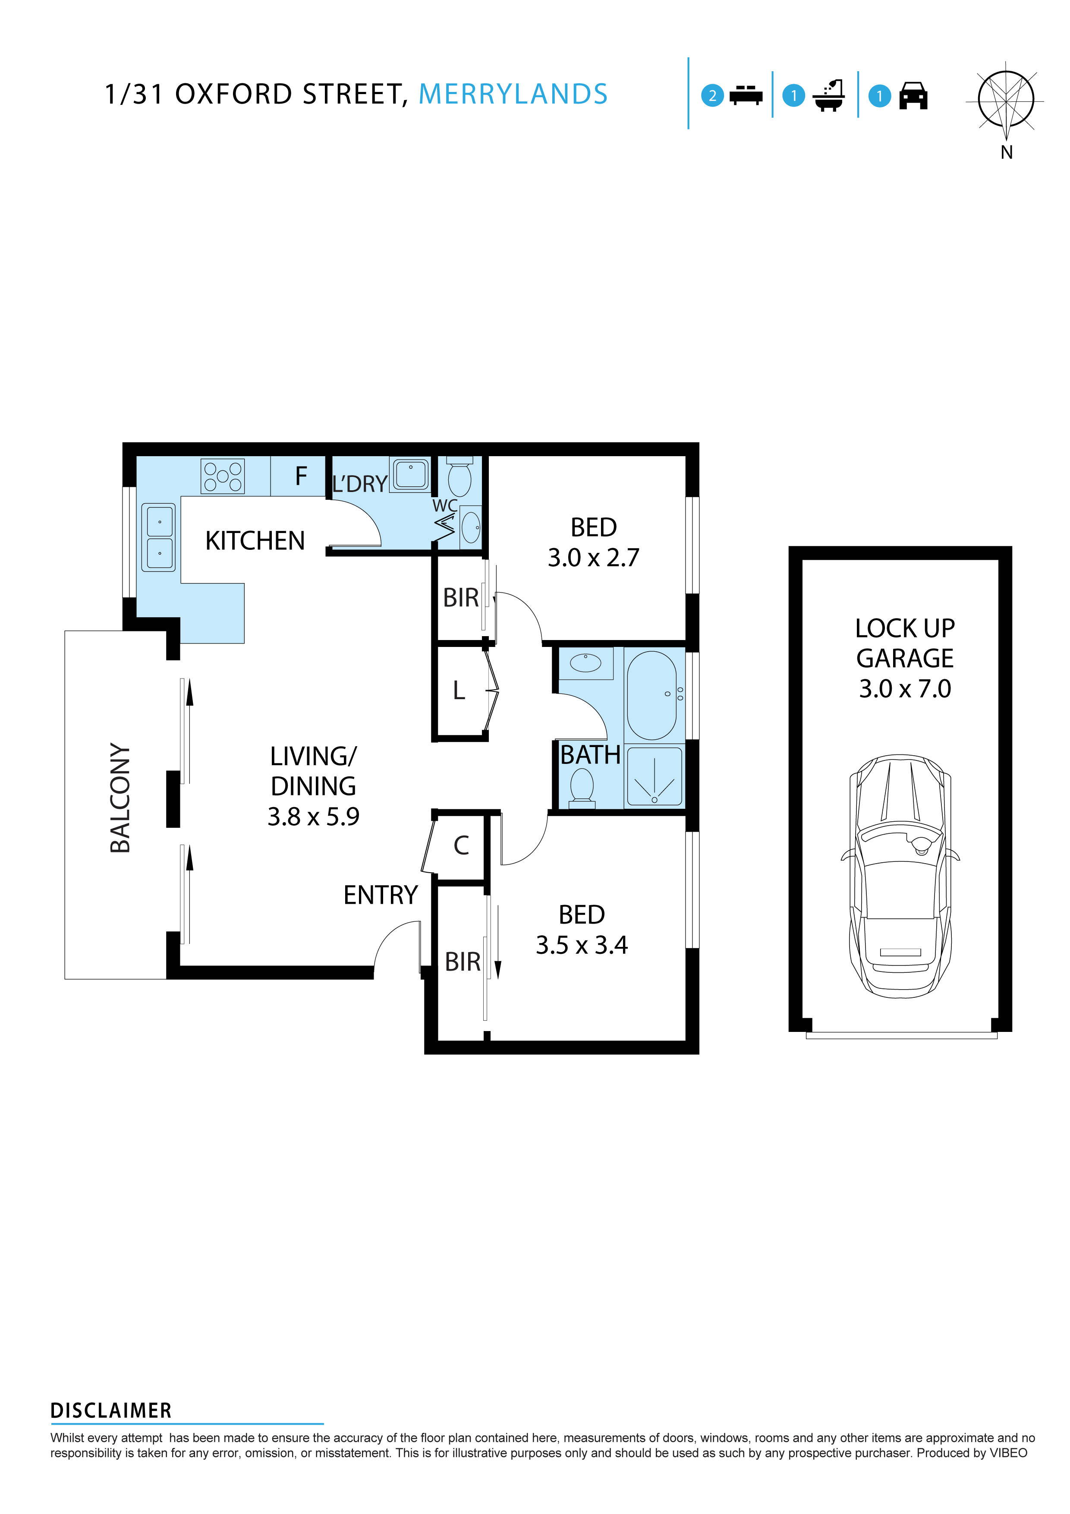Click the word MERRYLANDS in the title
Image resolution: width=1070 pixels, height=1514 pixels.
[x=513, y=94]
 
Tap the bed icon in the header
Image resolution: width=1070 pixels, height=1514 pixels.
[x=746, y=96]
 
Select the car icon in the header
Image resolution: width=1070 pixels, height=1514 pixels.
[x=913, y=96]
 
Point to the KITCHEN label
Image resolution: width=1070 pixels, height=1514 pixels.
[x=255, y=541]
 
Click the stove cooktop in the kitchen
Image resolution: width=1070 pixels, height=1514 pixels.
[x=222, y=476]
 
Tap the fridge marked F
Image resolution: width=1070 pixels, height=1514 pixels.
[x=301, y=476]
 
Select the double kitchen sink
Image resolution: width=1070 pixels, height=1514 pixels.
[x=159, y=537]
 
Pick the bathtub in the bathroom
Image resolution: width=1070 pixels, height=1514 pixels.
[x=651, y=695]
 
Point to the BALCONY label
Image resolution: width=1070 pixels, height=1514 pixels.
[x=120, y=798]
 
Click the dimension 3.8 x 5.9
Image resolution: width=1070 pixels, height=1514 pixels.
[x=313, y=817]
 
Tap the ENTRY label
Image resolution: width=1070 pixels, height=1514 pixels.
[x=381, y=895]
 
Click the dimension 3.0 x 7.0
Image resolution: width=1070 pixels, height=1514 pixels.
[x=904, y=688]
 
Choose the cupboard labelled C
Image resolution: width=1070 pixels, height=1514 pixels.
[x=461, y=846]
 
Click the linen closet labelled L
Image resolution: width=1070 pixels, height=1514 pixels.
[x=459, y=691]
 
